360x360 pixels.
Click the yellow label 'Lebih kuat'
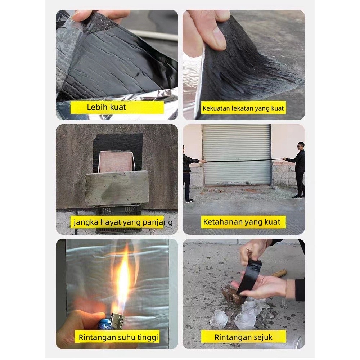[117, 107]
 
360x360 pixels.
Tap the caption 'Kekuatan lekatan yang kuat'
[243, 108]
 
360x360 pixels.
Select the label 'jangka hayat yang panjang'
[123, 222]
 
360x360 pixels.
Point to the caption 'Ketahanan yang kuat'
[243, 222]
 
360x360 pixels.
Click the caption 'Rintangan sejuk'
[243, 337]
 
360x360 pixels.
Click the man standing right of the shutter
[297, 170]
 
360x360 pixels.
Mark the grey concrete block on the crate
[117, 188]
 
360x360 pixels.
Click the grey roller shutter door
[237, 154]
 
